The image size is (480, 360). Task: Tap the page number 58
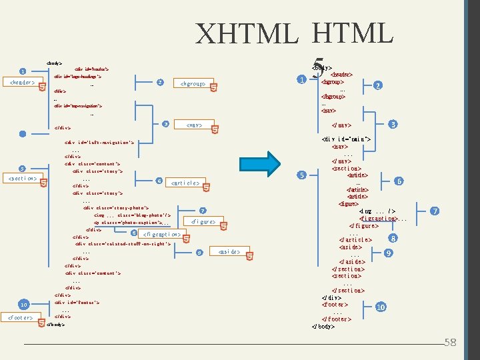click(451, 343)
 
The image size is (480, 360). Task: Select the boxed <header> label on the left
click(20, 83)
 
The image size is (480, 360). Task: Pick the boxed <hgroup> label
click(193, 84)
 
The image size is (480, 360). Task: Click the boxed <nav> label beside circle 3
click(195, 125)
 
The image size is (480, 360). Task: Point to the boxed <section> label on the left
click(21, 179)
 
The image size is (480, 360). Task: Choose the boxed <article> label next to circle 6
click(185, 183)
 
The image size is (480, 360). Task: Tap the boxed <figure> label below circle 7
click(203, 221)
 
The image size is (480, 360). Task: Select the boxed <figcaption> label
click(162, 235)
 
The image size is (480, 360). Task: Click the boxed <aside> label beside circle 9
click(230, 252)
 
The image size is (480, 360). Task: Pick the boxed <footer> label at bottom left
click(21, 318)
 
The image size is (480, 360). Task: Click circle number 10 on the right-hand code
click(381, 307)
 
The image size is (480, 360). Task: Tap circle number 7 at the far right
click(435, 211)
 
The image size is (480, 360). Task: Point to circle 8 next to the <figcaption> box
click(134, 233)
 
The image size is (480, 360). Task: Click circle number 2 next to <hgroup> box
click(160, 82)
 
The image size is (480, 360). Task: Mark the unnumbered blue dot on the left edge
click(23, 133)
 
